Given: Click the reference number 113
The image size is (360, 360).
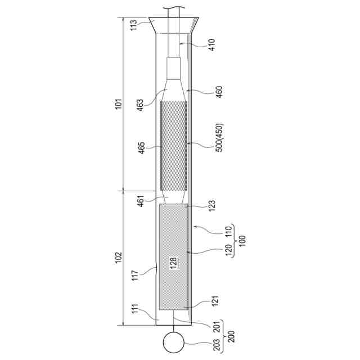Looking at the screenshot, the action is point(134,25).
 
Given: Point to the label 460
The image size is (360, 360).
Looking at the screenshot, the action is point(219,92).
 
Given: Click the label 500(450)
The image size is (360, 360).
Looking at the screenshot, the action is point(219,138).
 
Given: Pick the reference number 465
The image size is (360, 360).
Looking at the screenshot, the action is point(141,148).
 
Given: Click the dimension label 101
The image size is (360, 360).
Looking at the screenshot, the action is point(118,105).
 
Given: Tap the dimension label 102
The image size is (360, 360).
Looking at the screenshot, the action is point(118,258).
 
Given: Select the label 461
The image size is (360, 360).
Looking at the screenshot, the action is point(141,201).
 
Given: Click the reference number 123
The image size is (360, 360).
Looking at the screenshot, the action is point(211,206).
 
